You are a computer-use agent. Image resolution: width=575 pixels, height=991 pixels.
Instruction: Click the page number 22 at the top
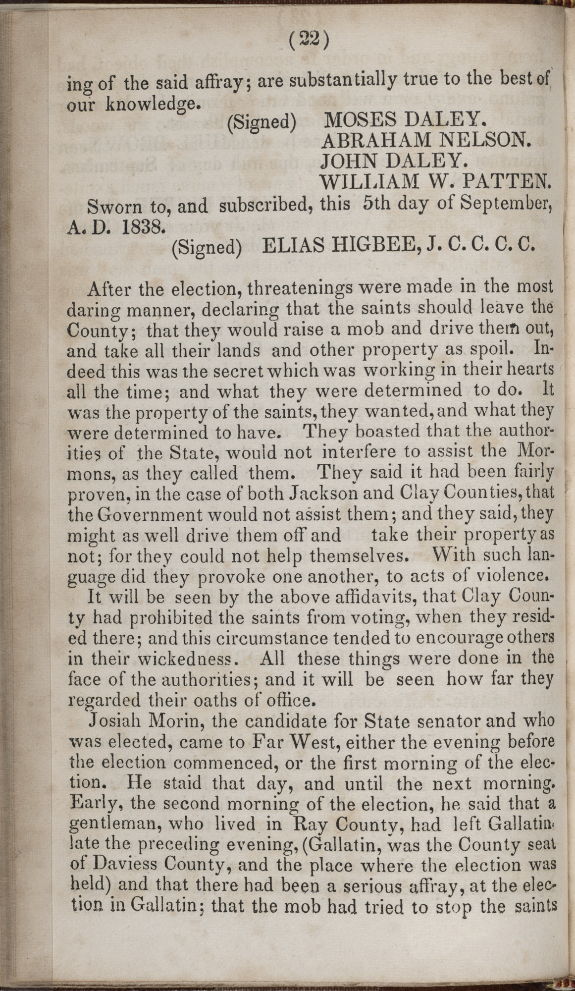[308, 41]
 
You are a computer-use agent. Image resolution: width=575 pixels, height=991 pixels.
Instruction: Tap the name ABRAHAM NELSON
[426, 141]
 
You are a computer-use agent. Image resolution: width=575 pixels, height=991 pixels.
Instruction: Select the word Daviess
[126, 866]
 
